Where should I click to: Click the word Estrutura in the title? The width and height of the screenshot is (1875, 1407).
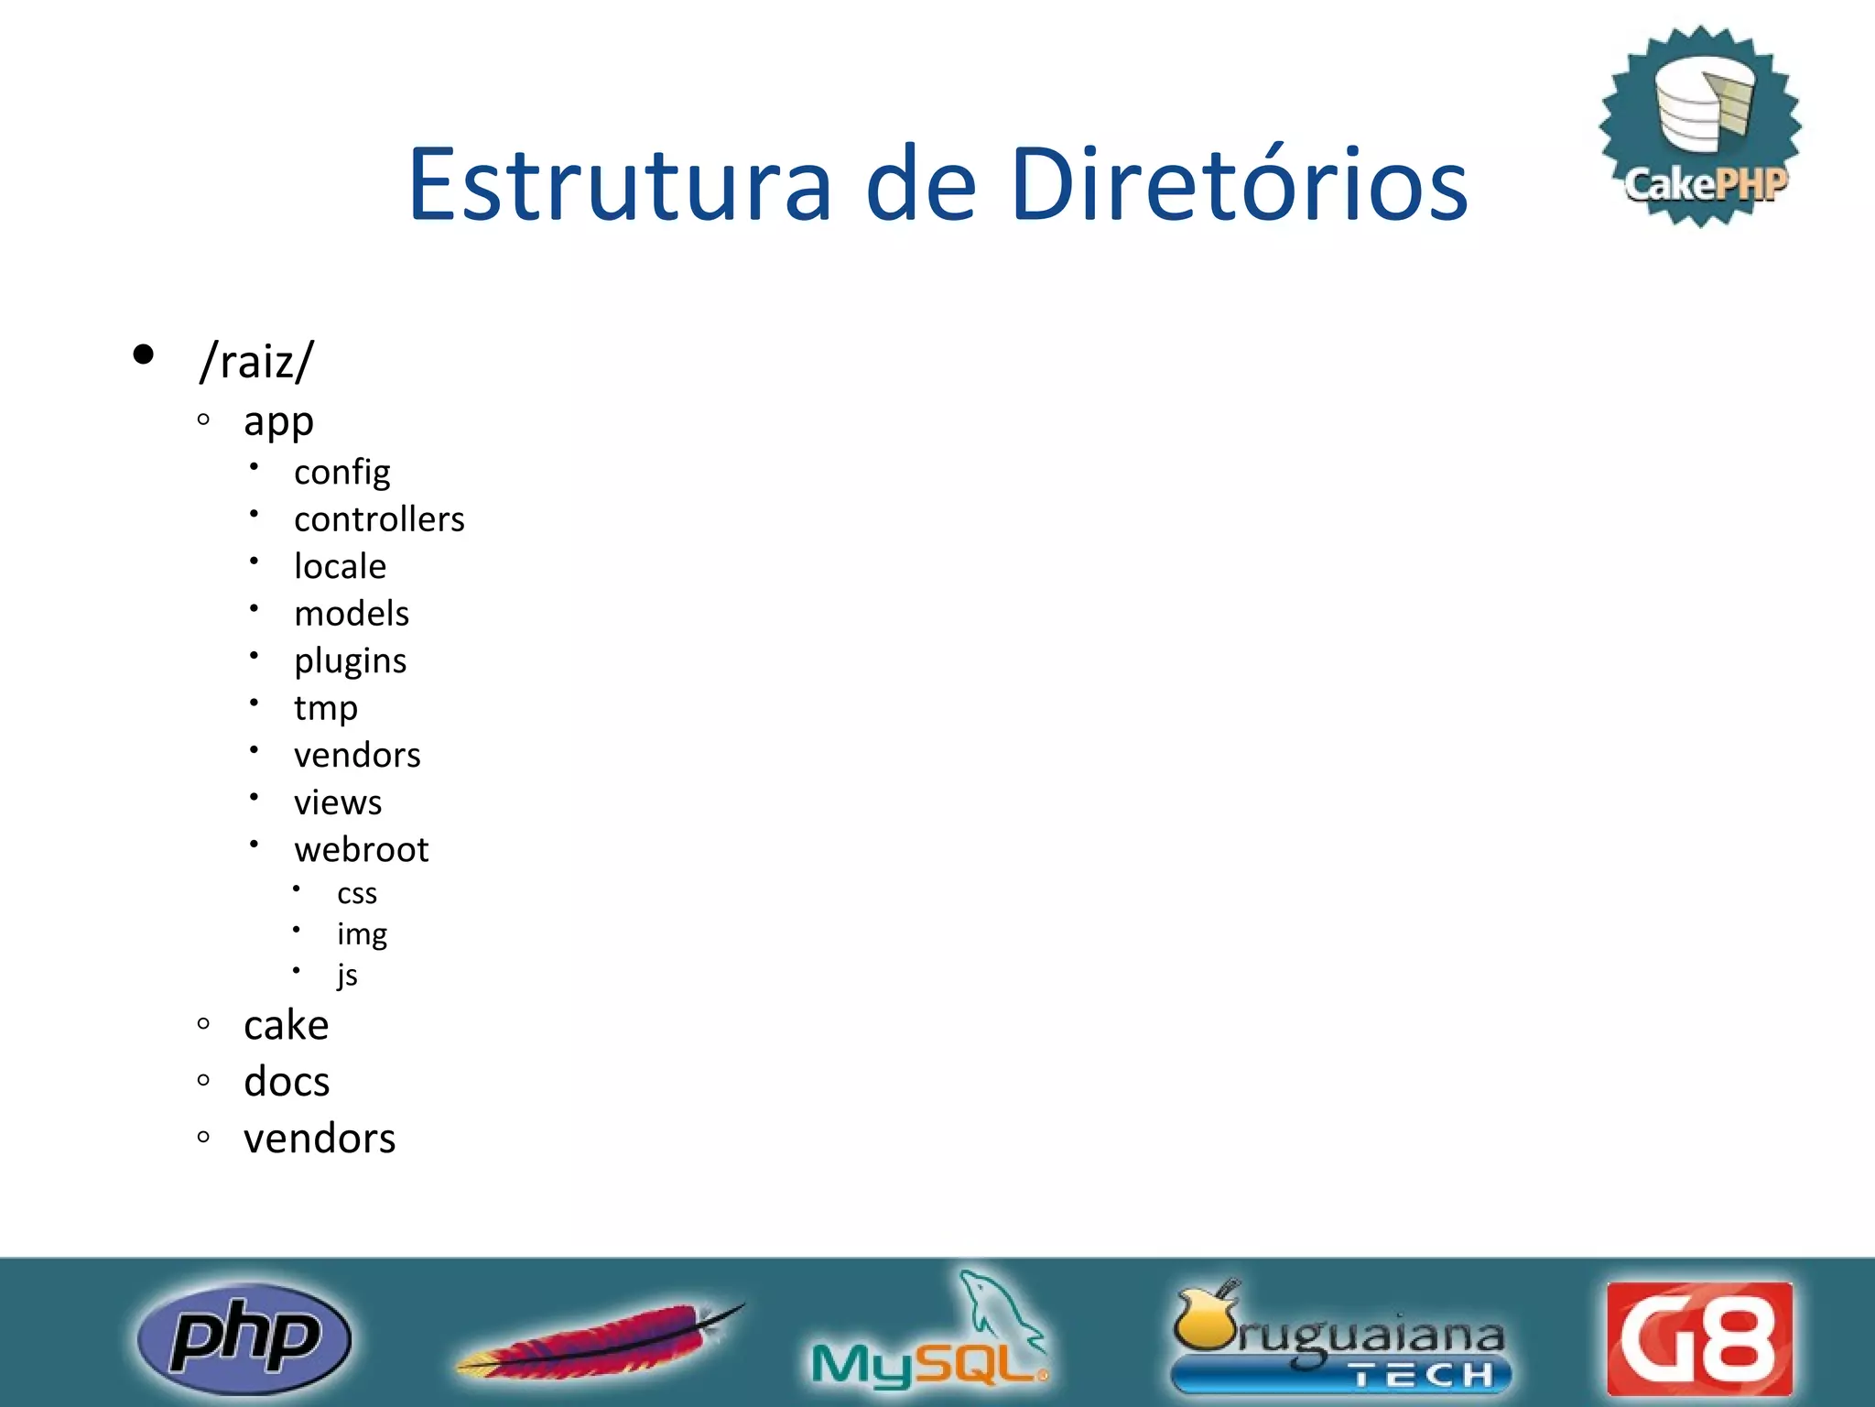[x=620, y=185]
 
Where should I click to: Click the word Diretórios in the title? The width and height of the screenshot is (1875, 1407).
[x=1239, y=185]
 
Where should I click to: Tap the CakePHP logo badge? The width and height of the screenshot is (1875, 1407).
[x=1701, y=126]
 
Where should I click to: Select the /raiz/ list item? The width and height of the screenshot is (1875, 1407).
[x=257, y=360]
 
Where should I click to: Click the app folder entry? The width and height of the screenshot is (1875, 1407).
[x=278, y=422]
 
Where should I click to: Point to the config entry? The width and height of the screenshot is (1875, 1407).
[x=341, y=473]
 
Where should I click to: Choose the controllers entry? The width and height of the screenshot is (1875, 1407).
[x=379, y=519]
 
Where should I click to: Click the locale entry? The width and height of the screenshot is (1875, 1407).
[x=340, y=566]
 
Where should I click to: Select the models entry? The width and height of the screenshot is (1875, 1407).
[x=352, y=614]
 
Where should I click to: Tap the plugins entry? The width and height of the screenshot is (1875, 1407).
[x=350, y=661]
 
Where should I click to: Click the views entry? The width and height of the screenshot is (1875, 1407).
[x=338, y=802]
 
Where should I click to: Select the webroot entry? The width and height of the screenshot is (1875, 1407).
[x=361, y=850]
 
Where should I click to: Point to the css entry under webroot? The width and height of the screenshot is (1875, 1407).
[x=356, y=893]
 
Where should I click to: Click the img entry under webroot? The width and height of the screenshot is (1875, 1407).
[x=362, y=934]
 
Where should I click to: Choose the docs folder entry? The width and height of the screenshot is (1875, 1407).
[x=287, y=1082]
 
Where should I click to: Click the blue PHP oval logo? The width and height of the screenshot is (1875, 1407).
[x=244, y=1337]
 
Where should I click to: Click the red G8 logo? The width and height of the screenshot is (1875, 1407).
[x=1699, y=1338]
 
